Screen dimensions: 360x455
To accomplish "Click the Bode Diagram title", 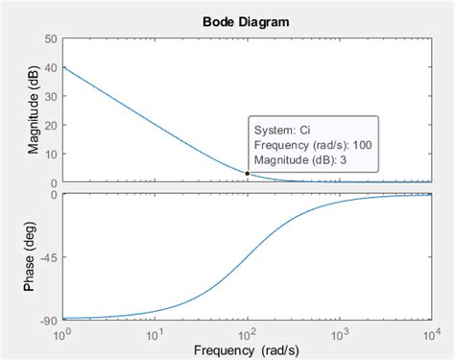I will [x=246, y=21].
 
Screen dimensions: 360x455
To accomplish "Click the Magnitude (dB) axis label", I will [x=35, y=110].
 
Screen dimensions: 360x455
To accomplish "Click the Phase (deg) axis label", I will [x=35, y=256].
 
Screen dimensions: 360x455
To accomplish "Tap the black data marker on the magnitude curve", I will [x=247, y=174].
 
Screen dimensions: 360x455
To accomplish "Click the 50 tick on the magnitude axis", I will [x=52, y=38].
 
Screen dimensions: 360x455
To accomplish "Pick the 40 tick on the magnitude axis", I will [x=52, y=67].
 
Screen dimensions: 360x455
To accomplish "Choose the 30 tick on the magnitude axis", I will [x=52, y=96].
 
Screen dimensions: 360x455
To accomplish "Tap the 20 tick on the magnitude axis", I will [x=52, y=125].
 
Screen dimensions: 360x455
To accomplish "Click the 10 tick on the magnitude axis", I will [x=52, y=154].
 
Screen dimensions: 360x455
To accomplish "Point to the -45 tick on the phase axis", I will [x=48, y=256].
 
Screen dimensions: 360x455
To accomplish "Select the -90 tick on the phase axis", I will [x=48, y=319].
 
